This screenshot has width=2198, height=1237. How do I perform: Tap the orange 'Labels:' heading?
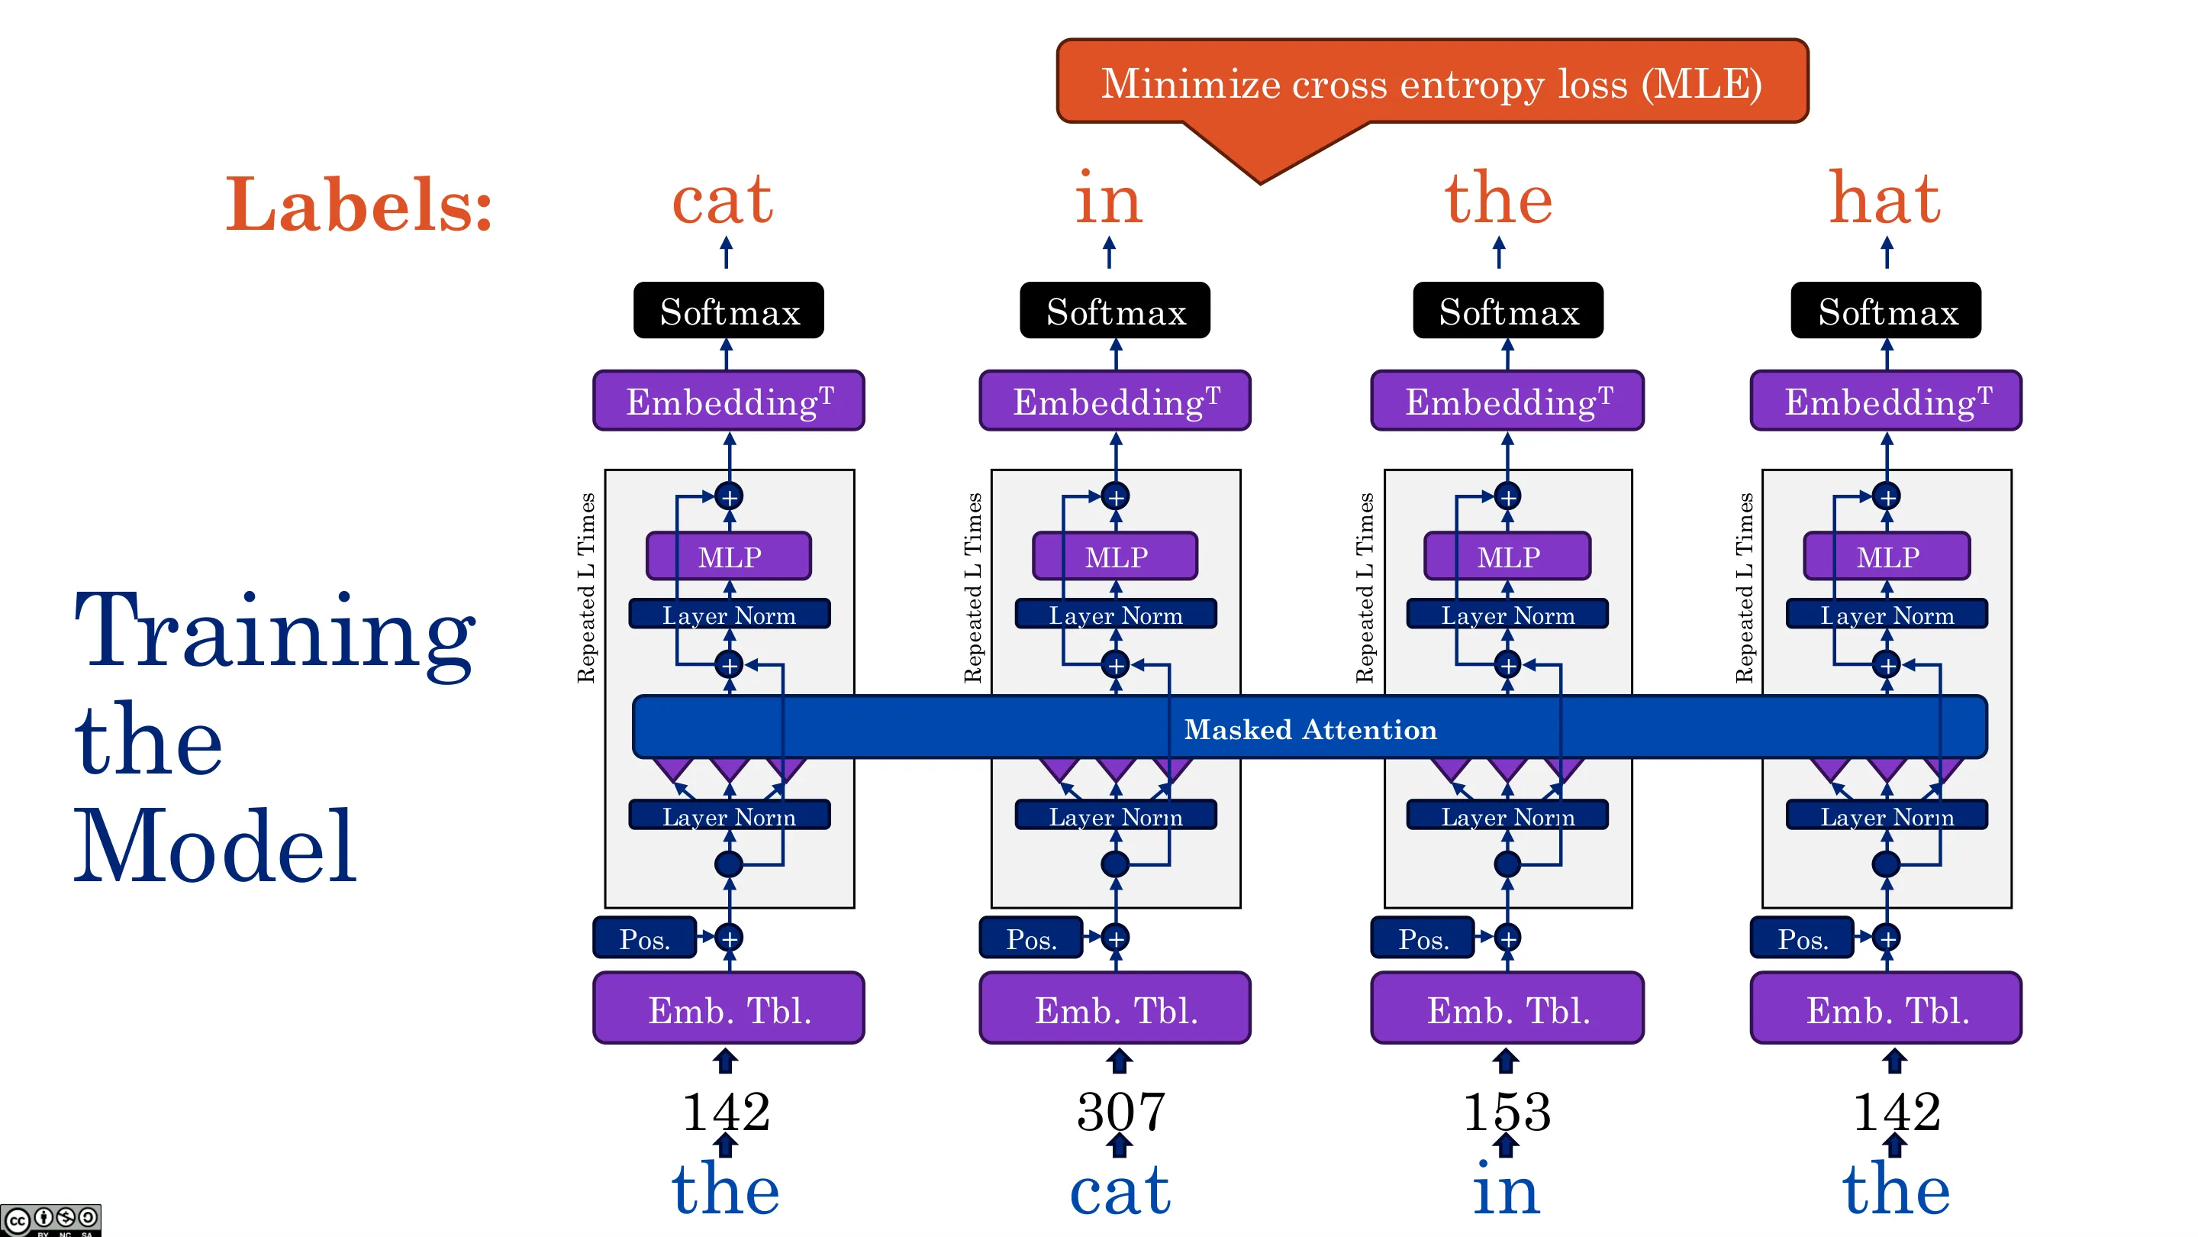[359, 204]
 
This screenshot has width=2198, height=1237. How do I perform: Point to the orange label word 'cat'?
[723, 201]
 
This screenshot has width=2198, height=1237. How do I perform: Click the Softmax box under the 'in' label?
[1115, 311]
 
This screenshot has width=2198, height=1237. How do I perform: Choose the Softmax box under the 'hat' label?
[1886, 311]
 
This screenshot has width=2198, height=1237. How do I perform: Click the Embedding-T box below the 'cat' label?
[729, 400]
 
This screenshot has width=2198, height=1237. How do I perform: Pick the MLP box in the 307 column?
[1115, 557]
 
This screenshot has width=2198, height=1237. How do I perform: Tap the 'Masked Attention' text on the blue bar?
[1310, 730]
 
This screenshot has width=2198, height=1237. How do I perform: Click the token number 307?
[1120, 1112]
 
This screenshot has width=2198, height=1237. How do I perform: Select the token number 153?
[1507, 1112]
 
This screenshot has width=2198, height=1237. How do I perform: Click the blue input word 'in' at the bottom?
[1506, 1188]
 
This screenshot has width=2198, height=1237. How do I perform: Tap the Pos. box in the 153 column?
[1423, 938]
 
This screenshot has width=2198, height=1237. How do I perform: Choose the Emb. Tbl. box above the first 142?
[729, 1008]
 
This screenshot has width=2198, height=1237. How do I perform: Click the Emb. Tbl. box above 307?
[1115, 1008]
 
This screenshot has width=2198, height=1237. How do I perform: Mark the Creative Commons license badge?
[50, 1220]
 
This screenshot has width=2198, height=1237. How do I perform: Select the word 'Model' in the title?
[215, 845]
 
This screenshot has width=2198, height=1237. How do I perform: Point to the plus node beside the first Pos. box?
[729, 938]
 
